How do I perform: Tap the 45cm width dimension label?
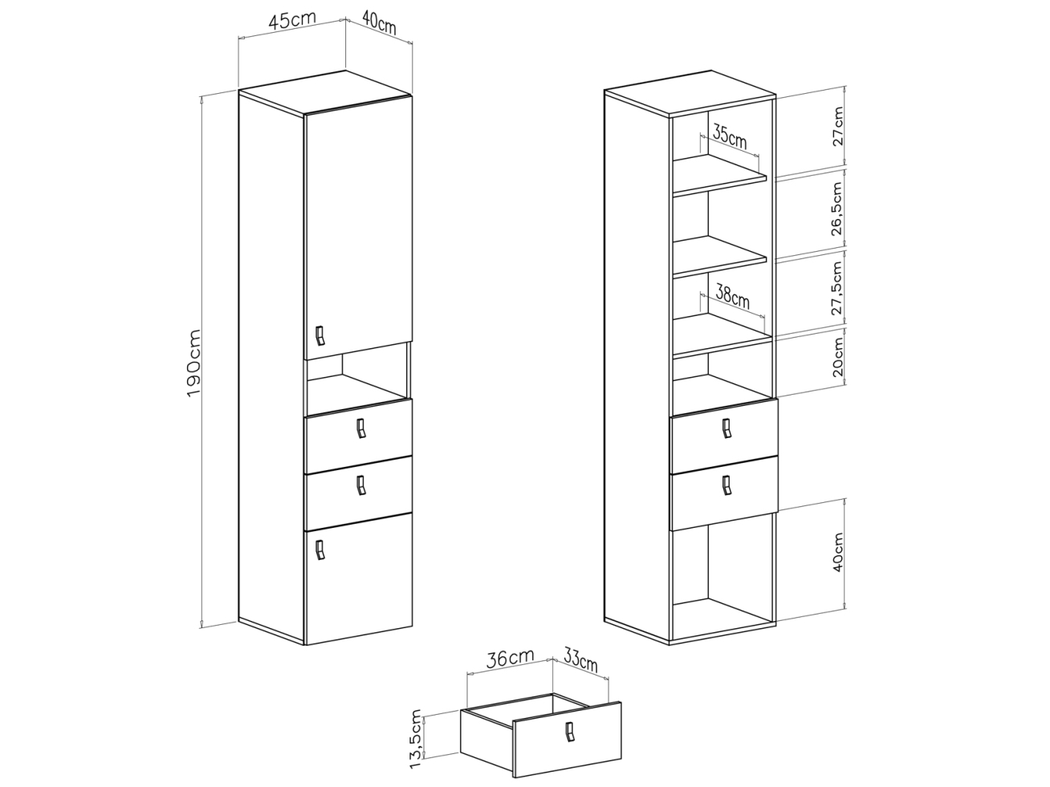tap(292, 20)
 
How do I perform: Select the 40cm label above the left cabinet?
tap(380, 22)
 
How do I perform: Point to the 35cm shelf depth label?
tap(730, 135)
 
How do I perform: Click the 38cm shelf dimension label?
tap(732, 296)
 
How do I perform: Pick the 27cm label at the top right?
tap(839, 127)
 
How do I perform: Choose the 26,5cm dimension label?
tap(837, 209)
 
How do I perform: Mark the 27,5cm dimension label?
tap(837, 288)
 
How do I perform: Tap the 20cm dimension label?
tap(838, 357)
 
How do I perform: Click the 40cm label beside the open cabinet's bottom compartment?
tap(838, 552)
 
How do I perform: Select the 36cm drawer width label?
tap(510, 659)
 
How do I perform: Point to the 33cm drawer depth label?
tap(580, 659)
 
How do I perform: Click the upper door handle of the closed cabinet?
tap(320, 335)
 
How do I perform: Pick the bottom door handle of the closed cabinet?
tap(320, 550)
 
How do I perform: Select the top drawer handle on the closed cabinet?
tap(361, 428)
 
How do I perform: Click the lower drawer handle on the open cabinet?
tap(726, 485)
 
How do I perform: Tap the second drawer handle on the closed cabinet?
tap(361, 485)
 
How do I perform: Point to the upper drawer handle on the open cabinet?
tap(726, 428)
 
